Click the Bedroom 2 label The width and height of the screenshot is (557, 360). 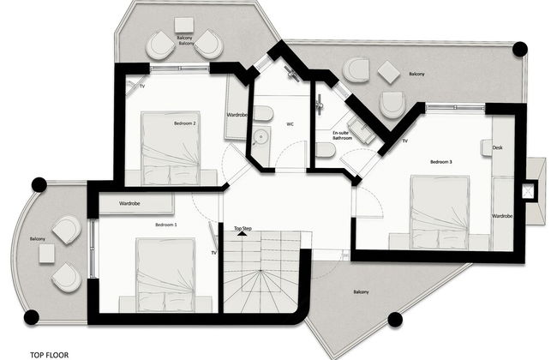pyautogui.click(x=185, y=123)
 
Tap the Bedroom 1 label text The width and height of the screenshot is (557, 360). pyautogui.click(x=166, y=224)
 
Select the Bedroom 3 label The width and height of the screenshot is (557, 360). pyautogui.click(x=440, y=161)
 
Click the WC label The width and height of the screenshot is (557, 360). pyautogui.click(x=290, y=124)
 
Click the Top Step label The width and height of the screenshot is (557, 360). pyautogui.click(x=243, y=229)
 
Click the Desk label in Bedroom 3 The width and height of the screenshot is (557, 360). pyautogui.click(x=498, y=147)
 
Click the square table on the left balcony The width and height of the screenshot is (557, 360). pyautogui.click(x=46, y=253)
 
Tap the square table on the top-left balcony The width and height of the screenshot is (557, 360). pyautogui.click(x=183, y=26)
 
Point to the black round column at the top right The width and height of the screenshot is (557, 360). pyautogui.click(x=519, y=49)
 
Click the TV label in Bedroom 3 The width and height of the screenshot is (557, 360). pyautogui.click(x=404, y=141)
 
